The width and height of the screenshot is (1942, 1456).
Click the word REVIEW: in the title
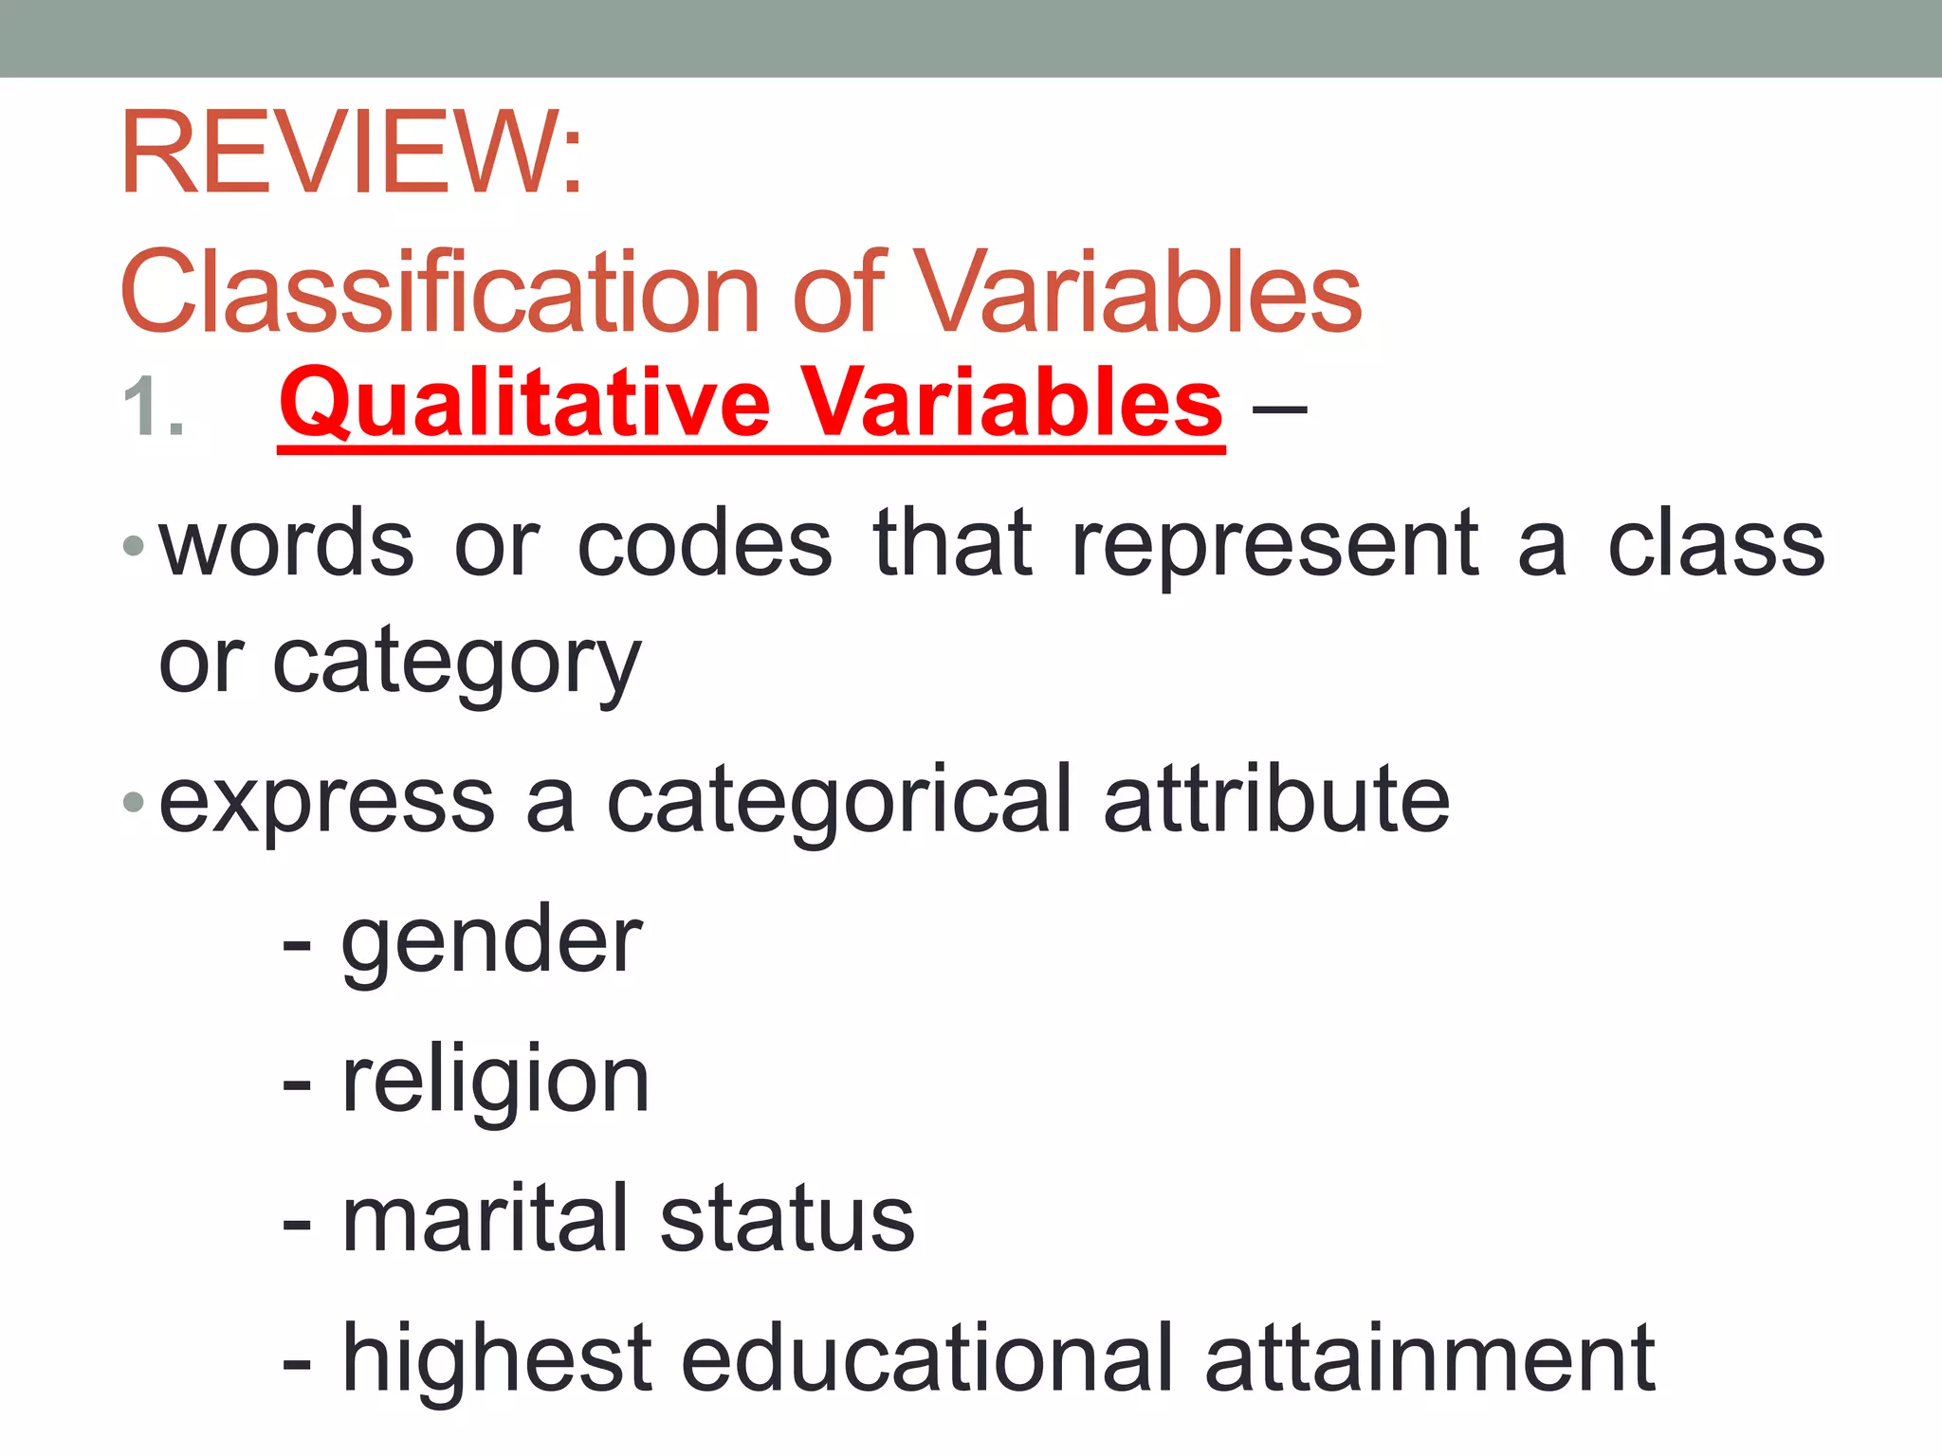click(x=352, y=154)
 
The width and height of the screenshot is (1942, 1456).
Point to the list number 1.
click(x=153, y=408)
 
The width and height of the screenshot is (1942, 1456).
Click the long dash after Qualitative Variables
click(x=1279, y=409)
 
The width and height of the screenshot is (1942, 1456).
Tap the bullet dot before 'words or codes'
click(x=134, y=546)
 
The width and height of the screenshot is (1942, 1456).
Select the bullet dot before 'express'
click(x=134, y=804)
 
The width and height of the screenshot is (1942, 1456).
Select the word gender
click(x=491, y=944)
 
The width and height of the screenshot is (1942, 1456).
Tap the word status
click(x=787, y=1221)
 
